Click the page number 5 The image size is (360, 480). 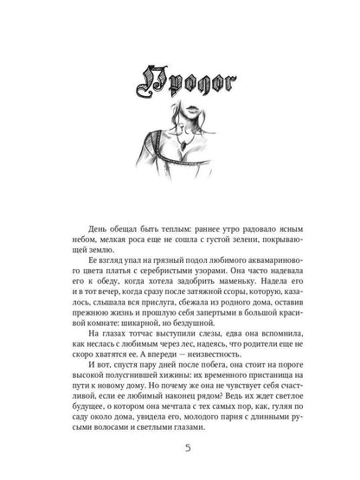click(179, 448)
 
